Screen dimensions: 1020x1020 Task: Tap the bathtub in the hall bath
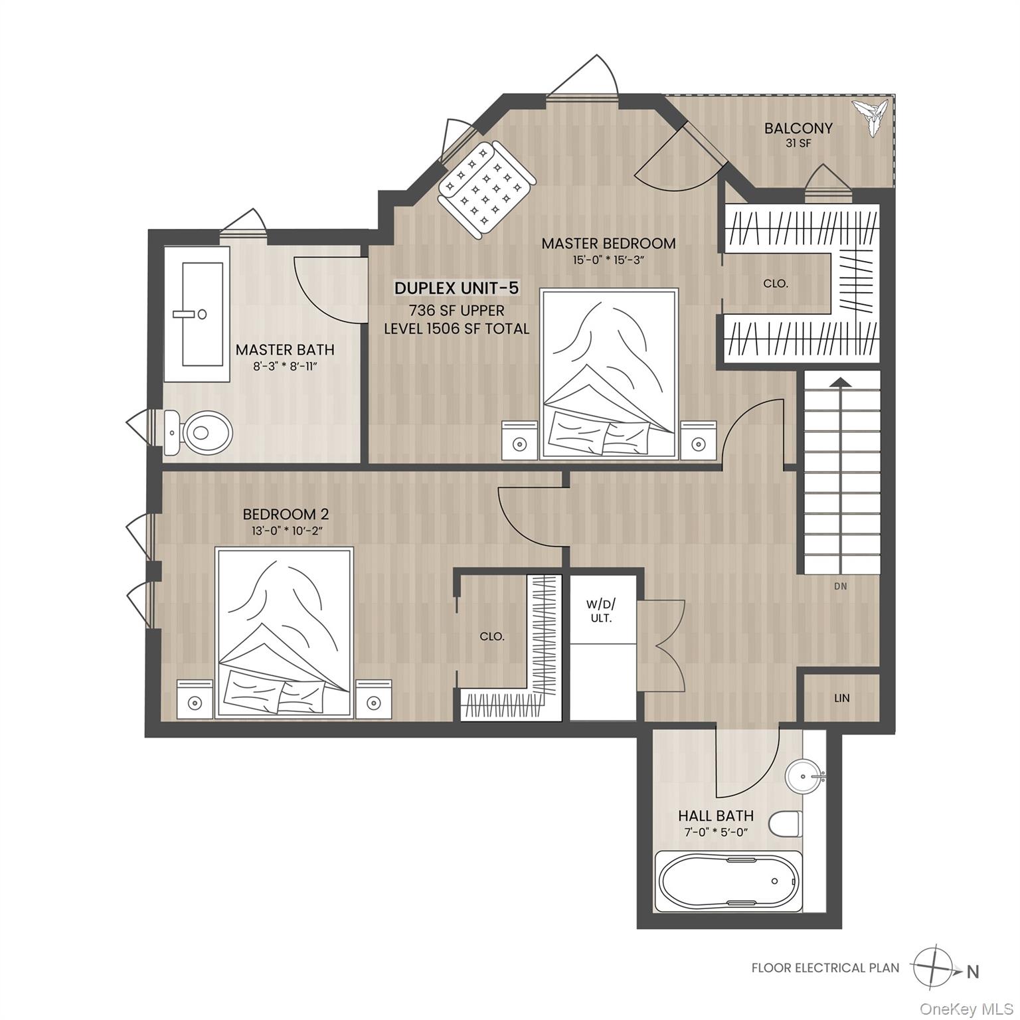(x=727, y=881)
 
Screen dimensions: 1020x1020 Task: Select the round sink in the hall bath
(x=804, y=774)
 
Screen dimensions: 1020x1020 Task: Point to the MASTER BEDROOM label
(x=608, y=244)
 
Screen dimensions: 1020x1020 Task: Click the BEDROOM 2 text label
(x=286, y=514)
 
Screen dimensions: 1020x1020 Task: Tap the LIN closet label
(x=841, y=698)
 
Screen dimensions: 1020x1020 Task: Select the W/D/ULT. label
(x=600, y=611)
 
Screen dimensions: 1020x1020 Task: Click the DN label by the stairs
(x=841, y=586)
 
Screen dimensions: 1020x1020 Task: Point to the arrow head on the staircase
(x=841, y=381)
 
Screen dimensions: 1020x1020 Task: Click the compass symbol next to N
(x=932, y=967)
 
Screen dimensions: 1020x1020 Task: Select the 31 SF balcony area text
(x=798, y=143)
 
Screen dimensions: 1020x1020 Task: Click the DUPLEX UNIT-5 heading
(x=456, y=288)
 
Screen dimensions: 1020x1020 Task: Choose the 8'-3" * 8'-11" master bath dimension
(x=286, y=365)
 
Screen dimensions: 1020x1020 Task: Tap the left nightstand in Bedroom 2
(x=195, y=699)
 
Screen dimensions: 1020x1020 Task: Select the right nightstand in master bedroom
(x=698, y=441)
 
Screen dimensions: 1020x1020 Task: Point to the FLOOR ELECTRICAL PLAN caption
(x=825, y=968)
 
